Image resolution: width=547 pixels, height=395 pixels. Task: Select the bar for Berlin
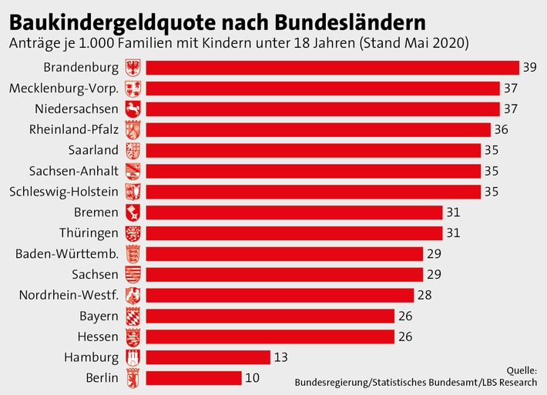pyautogui.click(x=193, y=378)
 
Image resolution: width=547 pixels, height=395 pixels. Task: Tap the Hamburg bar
pyautogui.click(x=207, y=357)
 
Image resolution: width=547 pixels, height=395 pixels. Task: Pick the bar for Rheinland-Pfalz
pyautogui.click(x=317, y=129)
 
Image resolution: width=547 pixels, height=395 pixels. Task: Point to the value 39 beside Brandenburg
pyautogui.click(x=529, y=68)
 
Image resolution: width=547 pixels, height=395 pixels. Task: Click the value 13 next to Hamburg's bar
pyautogui.click(x=281, y=357)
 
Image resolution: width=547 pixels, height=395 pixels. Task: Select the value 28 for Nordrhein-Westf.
pyautogui.click(x=424, y=295)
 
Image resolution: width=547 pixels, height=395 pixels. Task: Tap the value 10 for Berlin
pyautogui.click(x=252, y=378)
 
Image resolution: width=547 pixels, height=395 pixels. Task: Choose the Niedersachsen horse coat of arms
pyautogui.click(x=133, y=109)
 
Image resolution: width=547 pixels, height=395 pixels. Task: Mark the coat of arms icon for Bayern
pyautogui.click(x=133, y=316)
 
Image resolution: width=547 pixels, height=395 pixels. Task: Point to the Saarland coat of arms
pyautogui.click(x=133, y=150)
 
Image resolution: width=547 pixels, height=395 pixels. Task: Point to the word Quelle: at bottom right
pyautogui.click(x=522, y=370)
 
